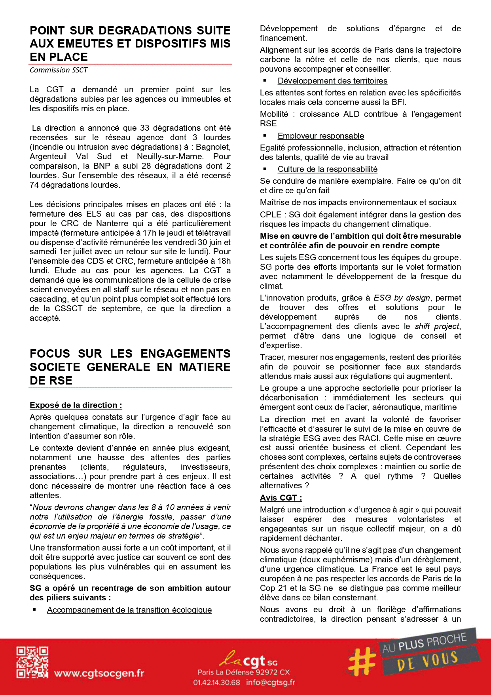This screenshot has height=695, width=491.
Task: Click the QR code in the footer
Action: point(32,662)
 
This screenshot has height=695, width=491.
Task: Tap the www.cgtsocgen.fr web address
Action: point(99,673)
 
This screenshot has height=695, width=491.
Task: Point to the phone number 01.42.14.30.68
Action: point(216,682)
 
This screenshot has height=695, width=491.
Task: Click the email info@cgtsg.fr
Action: point(271,682)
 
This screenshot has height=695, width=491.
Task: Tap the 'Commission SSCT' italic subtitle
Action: point(59,70)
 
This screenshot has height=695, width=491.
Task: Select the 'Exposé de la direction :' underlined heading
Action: point(76,405)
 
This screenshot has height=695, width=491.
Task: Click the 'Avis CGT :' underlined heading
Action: point(281,498)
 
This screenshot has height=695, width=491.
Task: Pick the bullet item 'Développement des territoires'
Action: point(332,81)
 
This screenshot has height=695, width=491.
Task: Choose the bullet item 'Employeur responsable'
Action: point(320,136)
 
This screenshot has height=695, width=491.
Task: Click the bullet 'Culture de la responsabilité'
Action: point(327,169)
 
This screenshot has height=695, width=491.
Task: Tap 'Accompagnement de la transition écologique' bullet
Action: point(129,610)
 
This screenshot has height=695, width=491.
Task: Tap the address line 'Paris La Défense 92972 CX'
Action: point(244,672)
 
